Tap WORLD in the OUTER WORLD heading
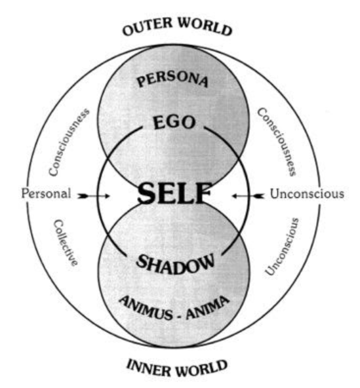pos(205,26)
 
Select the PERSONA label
pos(172,79)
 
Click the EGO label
pos(174,123)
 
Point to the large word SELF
pos(174,193)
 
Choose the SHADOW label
pos(175,264)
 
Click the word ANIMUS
pos(146,308)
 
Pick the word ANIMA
pos(207,307)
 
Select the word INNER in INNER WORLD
pos(149,368)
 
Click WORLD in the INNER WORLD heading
pos(202,368)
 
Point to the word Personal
pos(47,193)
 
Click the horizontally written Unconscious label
pos(307,194)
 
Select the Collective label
pos(66,242)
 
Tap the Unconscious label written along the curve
pos(282,246)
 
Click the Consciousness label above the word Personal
pos(69,142)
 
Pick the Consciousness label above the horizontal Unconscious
pos(277,142)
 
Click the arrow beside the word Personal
pos(94,196)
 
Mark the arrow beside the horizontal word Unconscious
pos(249,196)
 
